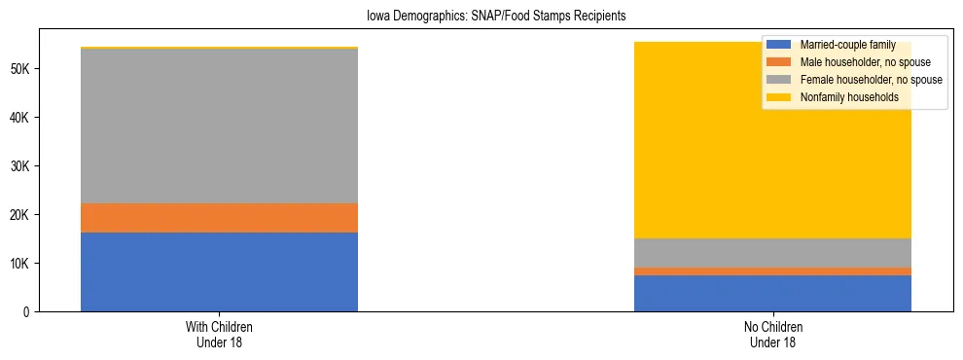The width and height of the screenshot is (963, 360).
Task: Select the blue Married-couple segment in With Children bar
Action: coord(219,271)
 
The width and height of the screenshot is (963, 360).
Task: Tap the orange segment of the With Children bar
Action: coord(219,218)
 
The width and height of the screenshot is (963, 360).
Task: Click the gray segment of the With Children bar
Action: coord(219,126)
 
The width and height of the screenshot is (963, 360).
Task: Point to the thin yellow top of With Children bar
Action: coord(219,48)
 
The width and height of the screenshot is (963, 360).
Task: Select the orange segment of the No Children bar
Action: coord(772,271)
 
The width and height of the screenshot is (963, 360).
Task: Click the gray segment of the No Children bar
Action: coord(772,253)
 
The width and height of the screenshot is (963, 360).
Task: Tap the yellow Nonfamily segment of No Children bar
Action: coord(772,146)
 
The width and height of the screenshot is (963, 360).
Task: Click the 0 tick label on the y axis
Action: coord(27,311)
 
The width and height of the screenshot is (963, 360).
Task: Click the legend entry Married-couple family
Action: coord(847,45)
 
